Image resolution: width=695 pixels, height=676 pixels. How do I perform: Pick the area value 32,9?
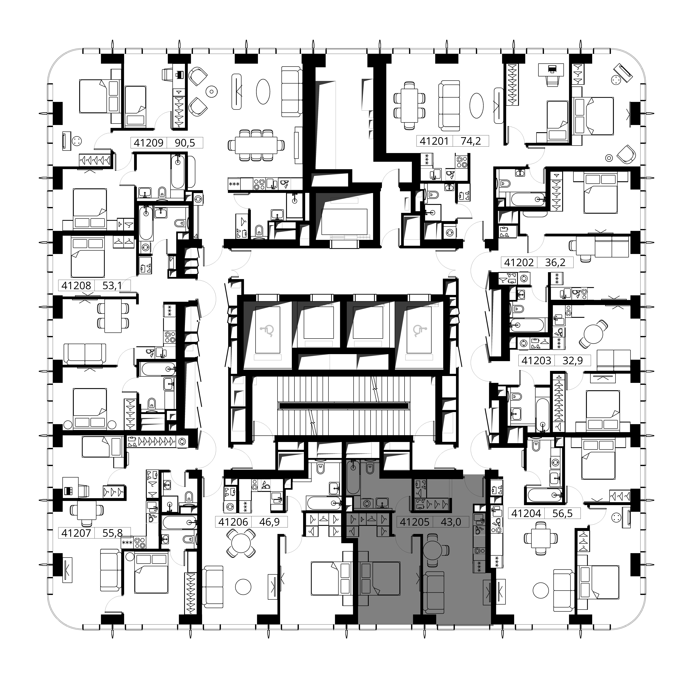tap(573, 361)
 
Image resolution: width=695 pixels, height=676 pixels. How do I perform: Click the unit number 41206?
tap(233, 522)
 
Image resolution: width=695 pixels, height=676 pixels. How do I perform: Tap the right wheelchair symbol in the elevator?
tap(419, 331)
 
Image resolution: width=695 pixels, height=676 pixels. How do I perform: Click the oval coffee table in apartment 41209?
tap(263, 91)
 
